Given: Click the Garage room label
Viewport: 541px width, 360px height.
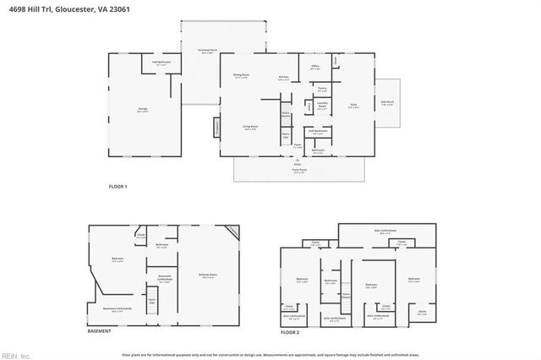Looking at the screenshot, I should tap(143, 109).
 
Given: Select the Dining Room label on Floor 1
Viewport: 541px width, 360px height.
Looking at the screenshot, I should tap(241, 75).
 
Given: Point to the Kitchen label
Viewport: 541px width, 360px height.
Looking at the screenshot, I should tap(284, 78).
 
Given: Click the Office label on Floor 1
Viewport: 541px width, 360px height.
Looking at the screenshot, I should tap(314, 66).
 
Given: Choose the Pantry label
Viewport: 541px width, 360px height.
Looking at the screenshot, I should tap(322, 88).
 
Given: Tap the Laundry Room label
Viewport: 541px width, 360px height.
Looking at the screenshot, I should tap(322, 106).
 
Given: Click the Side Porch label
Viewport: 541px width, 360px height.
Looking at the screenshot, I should tap(388, 102).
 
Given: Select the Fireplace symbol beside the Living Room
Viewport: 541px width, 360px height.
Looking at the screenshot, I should tap(216, 127).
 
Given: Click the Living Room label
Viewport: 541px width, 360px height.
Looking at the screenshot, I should tap(250, 127).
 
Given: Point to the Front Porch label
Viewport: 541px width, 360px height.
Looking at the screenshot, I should tap(298, 170).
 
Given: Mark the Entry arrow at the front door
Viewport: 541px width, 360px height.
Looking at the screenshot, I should tap(298, 161).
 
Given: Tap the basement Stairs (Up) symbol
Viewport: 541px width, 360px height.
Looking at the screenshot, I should tap(152, 301).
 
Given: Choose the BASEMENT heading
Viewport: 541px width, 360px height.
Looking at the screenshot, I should tap(99, 330).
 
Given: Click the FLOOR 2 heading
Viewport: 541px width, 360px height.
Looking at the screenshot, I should tap(290, 333).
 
